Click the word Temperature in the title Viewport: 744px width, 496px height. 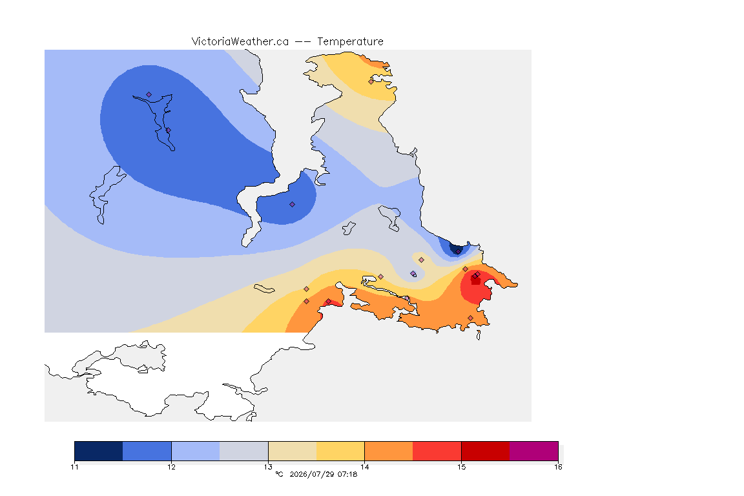350,41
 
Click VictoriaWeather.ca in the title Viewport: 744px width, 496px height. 240,41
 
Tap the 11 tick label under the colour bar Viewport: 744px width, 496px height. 74,467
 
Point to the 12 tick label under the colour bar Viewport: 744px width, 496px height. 171,467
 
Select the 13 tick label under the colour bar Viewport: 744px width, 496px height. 268,467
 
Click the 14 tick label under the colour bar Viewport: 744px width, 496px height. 364,467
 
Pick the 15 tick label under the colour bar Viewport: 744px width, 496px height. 461,467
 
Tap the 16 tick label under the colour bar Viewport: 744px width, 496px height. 558,467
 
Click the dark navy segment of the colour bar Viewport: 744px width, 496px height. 99,451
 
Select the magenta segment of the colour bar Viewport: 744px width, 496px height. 534,451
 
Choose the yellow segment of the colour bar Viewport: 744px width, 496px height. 340,451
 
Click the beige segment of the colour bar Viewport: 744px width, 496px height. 293,451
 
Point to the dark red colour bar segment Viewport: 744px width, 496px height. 486,451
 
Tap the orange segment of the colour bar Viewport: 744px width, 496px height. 389,451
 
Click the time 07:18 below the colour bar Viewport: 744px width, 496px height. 347,474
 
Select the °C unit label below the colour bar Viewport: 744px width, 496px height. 279,474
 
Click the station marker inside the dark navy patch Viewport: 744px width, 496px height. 458,252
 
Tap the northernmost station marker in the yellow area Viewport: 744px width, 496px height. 371,81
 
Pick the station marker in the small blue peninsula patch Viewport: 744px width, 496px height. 293,205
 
